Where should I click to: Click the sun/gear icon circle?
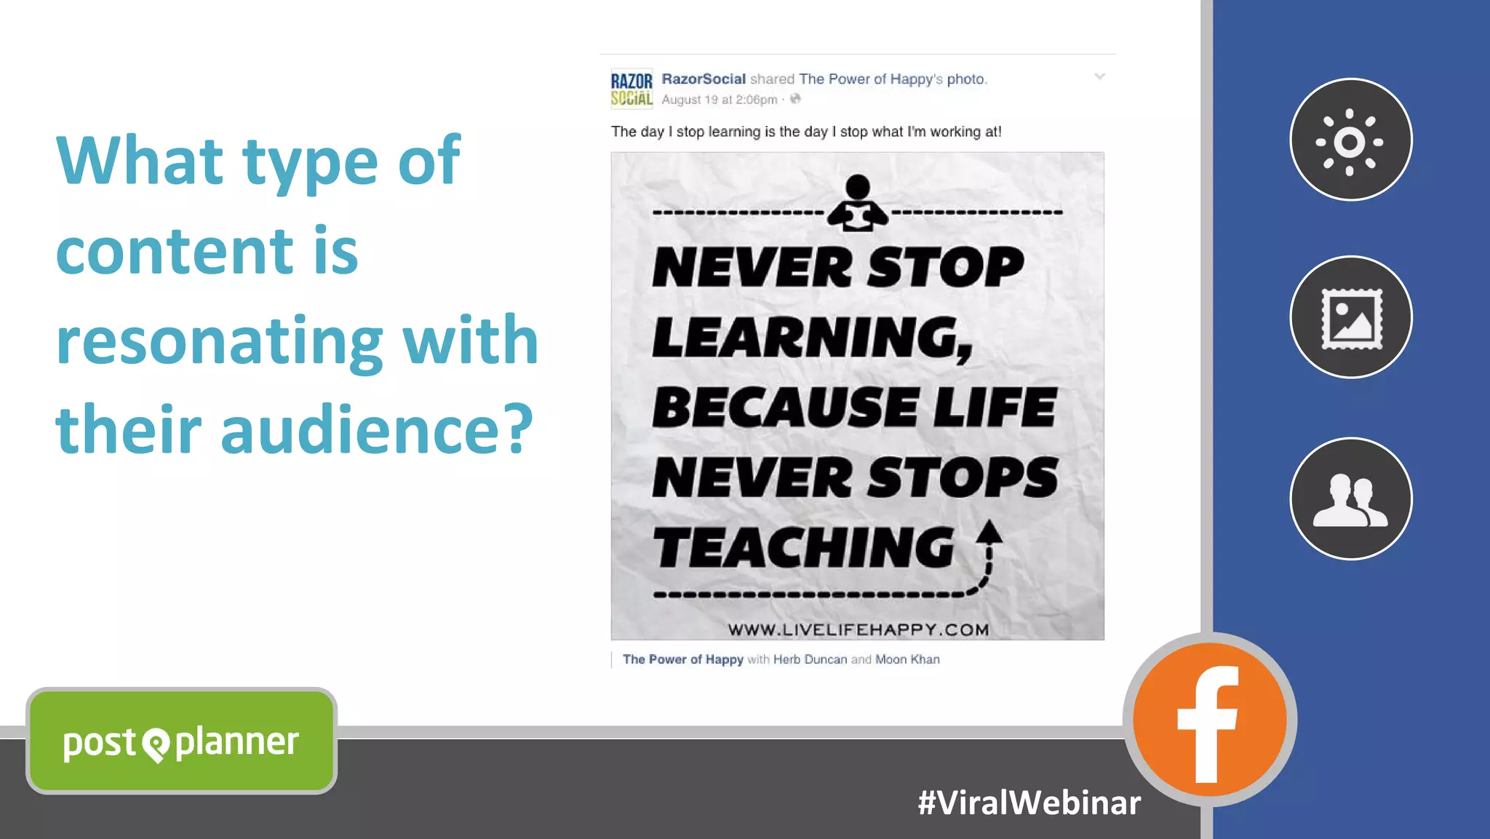(x=1350, y=140)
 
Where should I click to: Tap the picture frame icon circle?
(x=1350, y=317)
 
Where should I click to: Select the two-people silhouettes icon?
(x=1350, y=499)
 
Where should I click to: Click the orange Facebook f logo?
(x=1209, y=720)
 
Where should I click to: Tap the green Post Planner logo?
(x=181, y=741)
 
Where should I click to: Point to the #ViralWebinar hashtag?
(x=1029, y=803)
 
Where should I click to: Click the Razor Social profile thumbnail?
(x=631, y=90)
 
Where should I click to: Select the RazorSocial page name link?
(x=703, y=79)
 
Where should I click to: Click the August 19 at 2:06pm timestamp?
(x=719, y=100)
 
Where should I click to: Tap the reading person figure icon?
(x=858, y=204)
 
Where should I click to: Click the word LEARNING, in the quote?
(x=812, y=338)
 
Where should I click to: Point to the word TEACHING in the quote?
(x=803, y=547)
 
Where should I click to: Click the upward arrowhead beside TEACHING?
(x=989, y=533)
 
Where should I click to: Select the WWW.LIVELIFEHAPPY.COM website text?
(x=858, y=629)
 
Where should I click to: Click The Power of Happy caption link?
(x=682, y=659)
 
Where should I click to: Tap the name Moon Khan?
(x=907, y=659)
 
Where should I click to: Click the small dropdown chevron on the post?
(x=1099, y=76)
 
